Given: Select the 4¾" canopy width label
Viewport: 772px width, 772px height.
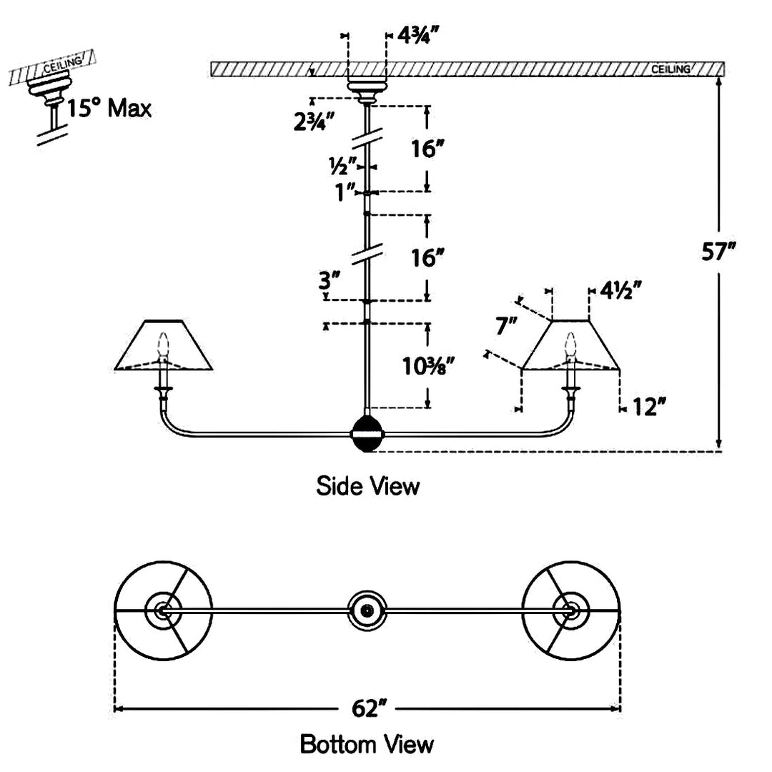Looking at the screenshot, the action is coord(417,35).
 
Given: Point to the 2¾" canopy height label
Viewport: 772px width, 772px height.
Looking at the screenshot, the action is coord(314,121).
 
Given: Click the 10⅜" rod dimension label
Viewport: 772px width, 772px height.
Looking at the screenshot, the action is coord(428,366).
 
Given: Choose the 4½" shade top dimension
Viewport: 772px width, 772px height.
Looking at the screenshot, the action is coord(620,290).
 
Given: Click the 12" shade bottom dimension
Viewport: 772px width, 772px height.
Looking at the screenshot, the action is coord(649,407).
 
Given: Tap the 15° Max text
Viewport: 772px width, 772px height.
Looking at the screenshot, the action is coord(109,108).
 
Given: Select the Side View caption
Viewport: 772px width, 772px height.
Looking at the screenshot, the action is coord(368,486).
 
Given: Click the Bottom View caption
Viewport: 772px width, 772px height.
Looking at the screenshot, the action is coord(367,744).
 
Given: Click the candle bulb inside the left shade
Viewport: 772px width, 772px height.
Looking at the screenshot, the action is coord(163,345).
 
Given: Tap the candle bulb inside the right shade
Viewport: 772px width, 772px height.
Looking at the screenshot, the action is coord(570,345).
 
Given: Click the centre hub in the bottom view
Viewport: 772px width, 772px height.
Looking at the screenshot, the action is coord(367,611).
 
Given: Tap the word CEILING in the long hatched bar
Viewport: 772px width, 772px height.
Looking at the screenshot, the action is coord(670,69).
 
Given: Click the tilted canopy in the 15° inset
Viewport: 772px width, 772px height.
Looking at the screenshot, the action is coord(50,88).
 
